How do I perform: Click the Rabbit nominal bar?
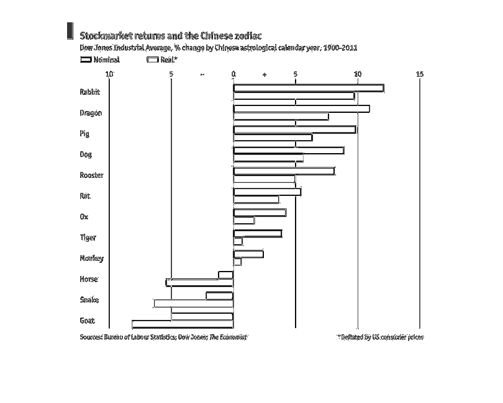coord(308,88)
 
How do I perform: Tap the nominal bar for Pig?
coord(294,130)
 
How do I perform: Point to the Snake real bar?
coord(193,303)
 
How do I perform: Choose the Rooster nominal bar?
coord(284,171)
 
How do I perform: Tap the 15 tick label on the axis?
coord(420,74)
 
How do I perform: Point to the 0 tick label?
coord(233,74)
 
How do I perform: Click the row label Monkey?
coord(91,259)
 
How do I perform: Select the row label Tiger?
coord(88,237)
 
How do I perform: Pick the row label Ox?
coord(84,216)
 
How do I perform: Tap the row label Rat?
coord(85,196)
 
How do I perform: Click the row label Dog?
coord(86,154)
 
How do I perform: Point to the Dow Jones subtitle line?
coord(218,47)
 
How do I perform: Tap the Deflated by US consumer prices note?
coord(380,337)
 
